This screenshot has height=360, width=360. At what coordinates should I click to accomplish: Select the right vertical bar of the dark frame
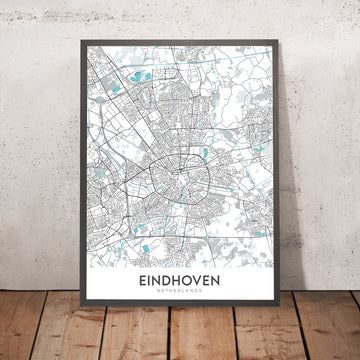[286, 180]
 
